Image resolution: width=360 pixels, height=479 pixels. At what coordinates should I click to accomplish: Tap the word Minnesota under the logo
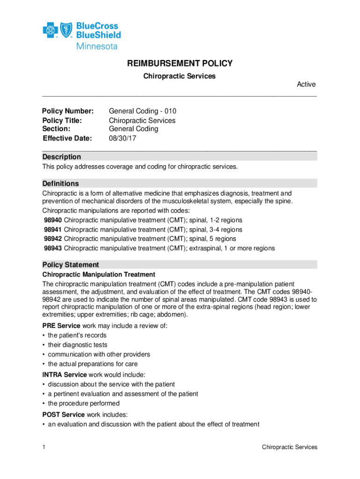pyautogui.click(x=97, y=46)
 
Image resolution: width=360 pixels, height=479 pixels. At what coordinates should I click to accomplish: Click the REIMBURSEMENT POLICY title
pyautogui.click(x=180, y=64)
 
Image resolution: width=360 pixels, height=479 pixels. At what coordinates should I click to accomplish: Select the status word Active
pyautogui.click(x=306, y=85)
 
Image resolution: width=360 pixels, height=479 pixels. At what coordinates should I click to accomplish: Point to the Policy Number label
pyautogui.click(x=68, y=111)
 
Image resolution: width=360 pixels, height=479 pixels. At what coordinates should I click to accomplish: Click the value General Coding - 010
pyautogui.click(x=143, y=111)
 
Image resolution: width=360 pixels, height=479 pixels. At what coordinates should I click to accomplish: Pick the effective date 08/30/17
pyautogui.click(x=122, y=138)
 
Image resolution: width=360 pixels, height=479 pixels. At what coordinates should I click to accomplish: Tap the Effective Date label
pyautogui.click(x=67, y=138)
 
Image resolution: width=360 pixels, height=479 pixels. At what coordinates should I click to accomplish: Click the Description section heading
pyautogui.click(x=62, y=157)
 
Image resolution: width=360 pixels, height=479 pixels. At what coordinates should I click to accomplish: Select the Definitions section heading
pyautogui.click(x=61, y=183)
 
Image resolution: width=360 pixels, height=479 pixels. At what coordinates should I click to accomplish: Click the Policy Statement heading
pyautogui.click(x=71, y=265)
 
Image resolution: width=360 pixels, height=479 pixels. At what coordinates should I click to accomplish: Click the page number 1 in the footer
pyautogui.click(x=43, y=447)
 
